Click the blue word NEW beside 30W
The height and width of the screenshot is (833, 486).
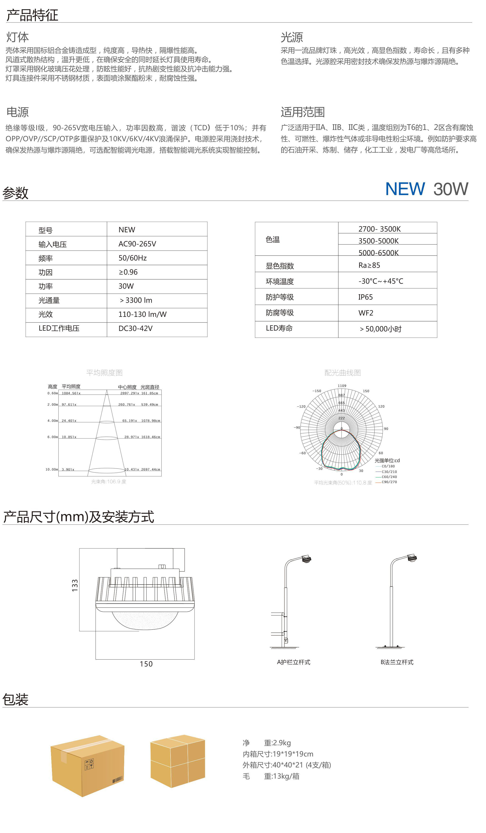405,189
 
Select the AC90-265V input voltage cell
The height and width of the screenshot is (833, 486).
137,244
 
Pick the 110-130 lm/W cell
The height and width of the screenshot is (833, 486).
142,314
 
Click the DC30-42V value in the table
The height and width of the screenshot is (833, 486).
135,329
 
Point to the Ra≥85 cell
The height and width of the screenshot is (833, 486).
369,265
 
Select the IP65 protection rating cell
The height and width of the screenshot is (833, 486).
365,297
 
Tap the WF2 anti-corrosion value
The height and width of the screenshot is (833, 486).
366,313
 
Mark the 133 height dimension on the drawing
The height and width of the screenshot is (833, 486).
75,585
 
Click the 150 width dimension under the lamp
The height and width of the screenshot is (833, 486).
146,664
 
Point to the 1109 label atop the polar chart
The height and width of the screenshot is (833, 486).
342,386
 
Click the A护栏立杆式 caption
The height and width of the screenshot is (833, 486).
293,662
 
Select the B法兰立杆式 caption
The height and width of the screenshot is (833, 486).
397,662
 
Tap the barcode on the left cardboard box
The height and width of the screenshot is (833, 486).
117,780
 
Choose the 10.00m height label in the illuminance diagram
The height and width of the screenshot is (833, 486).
51,469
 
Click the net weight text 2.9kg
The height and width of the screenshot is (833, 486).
277,743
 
